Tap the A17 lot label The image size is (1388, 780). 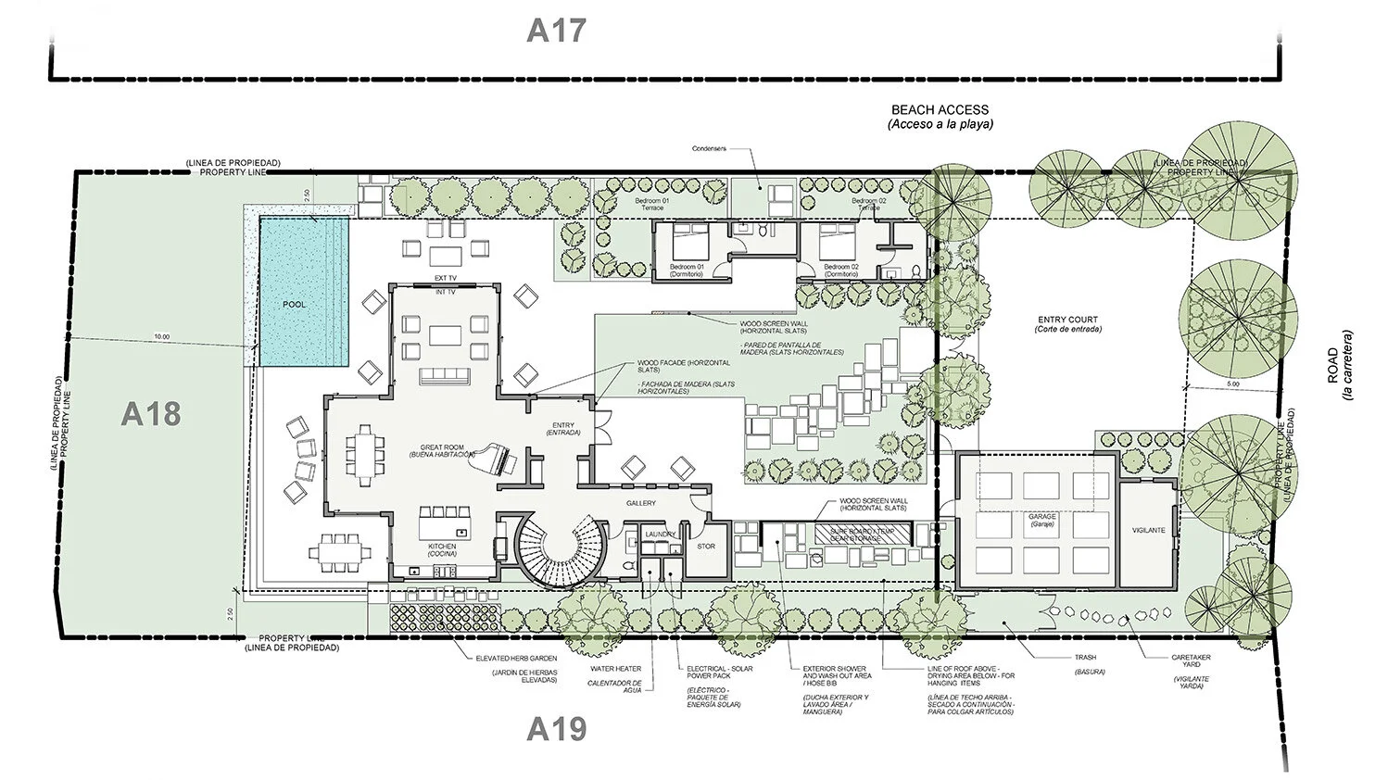tap(556, 30)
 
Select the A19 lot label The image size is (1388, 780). tap(556, 729)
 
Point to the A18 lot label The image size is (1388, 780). tap(150, 414)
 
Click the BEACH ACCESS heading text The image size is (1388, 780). tap(940, 109)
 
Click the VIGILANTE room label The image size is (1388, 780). tap(1148, 530)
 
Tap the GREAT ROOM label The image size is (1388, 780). tap(441, 447)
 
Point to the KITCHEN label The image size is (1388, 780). tap(442, 547)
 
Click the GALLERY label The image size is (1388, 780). tap(640, 503)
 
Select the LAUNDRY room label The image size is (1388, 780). tap(660, 535)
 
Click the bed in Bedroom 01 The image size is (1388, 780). tap(688, 245)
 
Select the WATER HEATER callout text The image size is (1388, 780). tap(615, 668)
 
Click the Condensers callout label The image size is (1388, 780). tap(710, 148)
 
